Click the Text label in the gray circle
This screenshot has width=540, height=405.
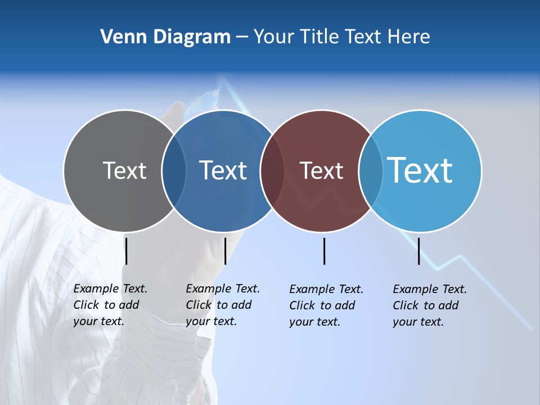(x=124, y=170)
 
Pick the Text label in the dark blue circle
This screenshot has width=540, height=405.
(x=223, y=170)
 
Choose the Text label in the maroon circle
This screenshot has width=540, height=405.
(x=321, y=170)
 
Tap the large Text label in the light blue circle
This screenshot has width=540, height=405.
(x=420, y=170)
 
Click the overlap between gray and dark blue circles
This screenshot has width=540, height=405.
(x=174, y=171)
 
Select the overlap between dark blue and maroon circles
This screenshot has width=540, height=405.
(x=272, y=171)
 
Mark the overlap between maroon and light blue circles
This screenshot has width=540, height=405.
(x=371, y=171)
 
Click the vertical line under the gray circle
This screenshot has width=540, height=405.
(x=127, y=251)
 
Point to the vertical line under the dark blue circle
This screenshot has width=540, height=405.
(x=225, y=251)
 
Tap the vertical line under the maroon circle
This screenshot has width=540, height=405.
(x=324, y=251)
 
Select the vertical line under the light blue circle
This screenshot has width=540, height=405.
(x=418, y=251)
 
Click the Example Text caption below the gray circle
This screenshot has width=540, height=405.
(x=110, y=305)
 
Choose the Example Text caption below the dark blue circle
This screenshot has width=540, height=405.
(x=222, y=305)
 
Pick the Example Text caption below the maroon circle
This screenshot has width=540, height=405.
(x=326, y=305)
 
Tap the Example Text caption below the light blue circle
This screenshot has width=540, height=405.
(x=429, y=305)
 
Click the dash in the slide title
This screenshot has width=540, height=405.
(x=242, y=38)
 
